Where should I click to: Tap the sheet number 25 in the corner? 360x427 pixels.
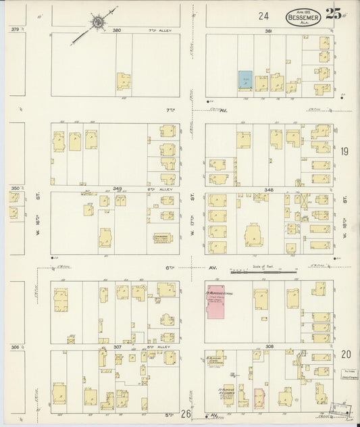332,14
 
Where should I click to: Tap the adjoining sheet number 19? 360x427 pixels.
344,152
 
